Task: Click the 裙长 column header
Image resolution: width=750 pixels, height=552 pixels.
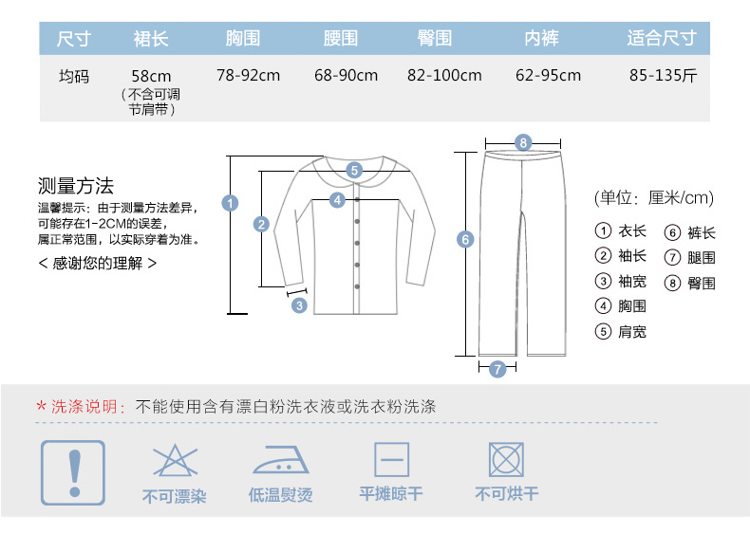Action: click(152, 39)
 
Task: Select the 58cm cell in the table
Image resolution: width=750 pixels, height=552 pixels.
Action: click(152, 76)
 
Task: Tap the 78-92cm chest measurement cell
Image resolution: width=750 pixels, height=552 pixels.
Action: click(248, 75)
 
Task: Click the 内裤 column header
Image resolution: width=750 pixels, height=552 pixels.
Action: click(541, 39)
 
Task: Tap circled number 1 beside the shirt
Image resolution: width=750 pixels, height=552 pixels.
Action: click(229, 201)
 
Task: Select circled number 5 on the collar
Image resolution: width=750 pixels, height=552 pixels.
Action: click(354, 171)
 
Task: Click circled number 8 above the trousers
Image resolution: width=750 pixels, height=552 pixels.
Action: click(522, 143)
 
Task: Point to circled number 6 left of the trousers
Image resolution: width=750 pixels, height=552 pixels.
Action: click(465, 239)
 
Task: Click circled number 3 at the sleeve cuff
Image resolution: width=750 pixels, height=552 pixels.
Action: click(299, 305)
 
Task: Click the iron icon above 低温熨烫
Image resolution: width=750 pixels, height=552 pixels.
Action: click(280, 460)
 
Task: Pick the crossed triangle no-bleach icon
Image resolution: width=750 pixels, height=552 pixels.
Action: click(174, 460)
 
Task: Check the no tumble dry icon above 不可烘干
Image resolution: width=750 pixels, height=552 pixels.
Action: click(506, 460)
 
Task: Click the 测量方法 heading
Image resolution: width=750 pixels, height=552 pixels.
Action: click(76, 185)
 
